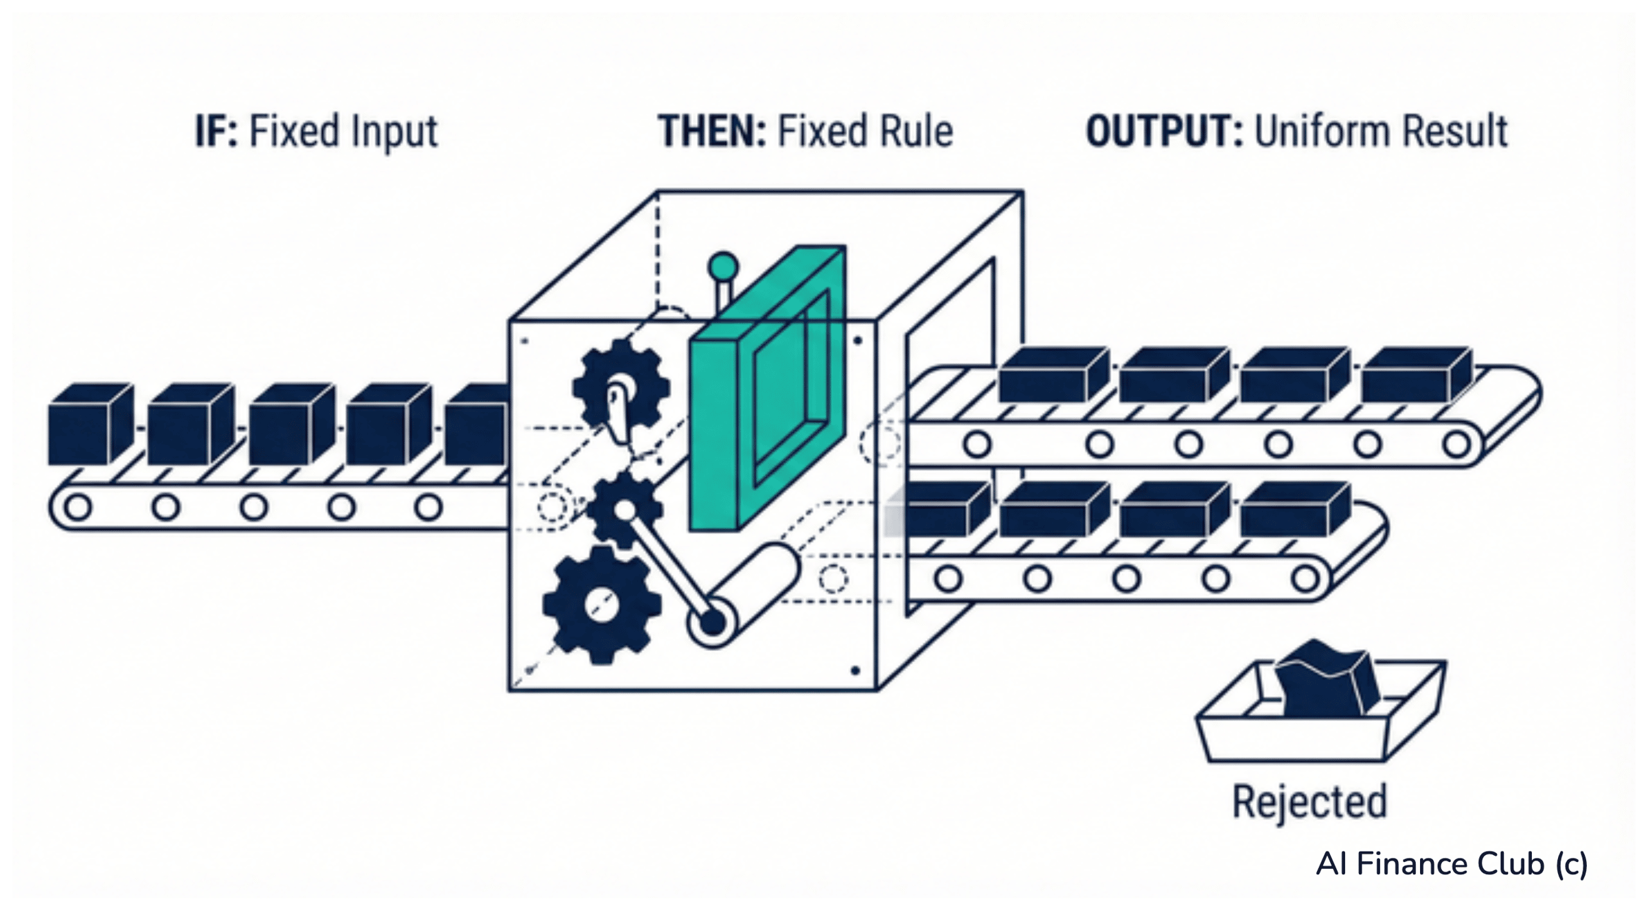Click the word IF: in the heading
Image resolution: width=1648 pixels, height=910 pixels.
point(216,131)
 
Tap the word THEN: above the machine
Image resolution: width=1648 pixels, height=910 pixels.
point(712,131)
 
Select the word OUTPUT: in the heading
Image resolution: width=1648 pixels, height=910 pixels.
point(1164,131)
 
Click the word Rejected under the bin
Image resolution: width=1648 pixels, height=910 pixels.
point(1309,802)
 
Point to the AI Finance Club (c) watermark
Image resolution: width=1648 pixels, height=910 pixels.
point(1452,864)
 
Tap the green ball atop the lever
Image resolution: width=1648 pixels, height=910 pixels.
point(723,266)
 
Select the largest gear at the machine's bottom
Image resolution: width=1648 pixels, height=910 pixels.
point(602,605)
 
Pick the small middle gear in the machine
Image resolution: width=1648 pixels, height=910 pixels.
point(624,510)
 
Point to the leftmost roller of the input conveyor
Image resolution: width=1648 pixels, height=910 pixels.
point(78,508)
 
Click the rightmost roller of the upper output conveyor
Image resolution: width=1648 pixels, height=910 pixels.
point(1456,444)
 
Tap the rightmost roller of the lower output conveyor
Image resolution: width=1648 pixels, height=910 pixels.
point(1305,578)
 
